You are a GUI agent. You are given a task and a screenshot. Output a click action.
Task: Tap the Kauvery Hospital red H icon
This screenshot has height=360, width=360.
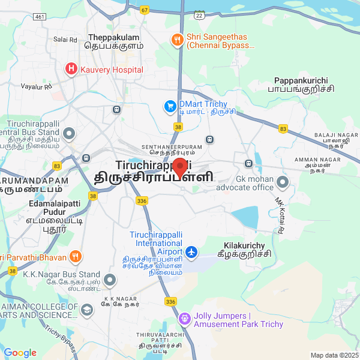click(x=71, y=70)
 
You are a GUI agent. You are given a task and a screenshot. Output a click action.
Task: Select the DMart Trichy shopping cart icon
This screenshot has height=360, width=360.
click(x=170, y=107)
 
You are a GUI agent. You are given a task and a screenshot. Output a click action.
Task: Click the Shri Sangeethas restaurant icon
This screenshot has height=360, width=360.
click(x=177, y=40)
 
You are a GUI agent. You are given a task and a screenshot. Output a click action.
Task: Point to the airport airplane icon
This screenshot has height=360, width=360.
click(x=191, y=252)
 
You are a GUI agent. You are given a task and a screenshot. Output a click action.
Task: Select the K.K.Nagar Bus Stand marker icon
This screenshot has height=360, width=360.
click(x=110, y=280)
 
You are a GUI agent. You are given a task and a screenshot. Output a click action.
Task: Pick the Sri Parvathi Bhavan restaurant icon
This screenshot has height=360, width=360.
click(x=76, y=257)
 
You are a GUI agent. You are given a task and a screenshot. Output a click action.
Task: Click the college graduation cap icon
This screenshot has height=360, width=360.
click(x=87, y=310)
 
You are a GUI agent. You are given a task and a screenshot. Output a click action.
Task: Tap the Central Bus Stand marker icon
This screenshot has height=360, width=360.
click(x=70, y=133)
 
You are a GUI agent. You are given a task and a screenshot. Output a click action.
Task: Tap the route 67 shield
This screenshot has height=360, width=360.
click(x=145, y=10)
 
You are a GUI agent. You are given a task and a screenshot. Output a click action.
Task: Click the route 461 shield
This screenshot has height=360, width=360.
click(x=40, y=17)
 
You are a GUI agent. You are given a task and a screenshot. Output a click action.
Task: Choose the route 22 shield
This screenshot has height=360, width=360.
click(x=199, y=15)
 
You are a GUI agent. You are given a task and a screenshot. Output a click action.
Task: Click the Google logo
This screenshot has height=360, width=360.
click(x=20, y=353)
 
